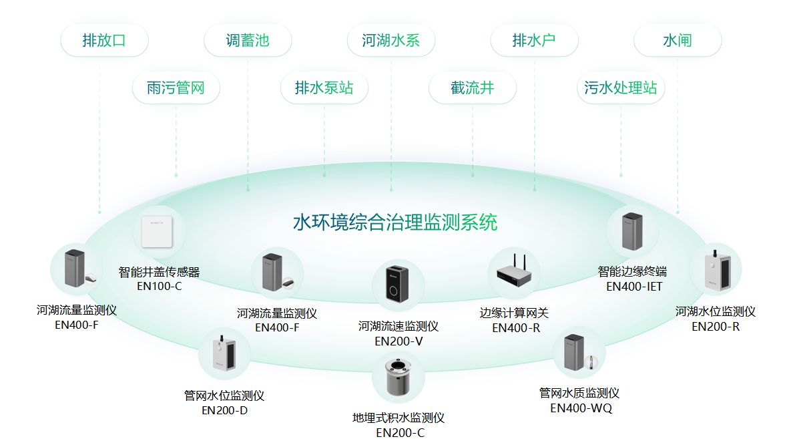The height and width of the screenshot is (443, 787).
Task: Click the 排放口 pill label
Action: coord(104,40)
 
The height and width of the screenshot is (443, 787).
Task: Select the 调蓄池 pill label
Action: coord(248,40)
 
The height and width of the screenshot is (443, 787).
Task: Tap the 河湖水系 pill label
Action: coord(391,40)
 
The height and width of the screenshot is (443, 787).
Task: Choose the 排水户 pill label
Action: coord(534,40)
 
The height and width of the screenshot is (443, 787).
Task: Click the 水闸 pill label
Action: coord(678,40)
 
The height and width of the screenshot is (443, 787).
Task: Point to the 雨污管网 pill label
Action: coord(176,88)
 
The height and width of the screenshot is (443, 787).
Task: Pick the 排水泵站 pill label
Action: coord(324,88)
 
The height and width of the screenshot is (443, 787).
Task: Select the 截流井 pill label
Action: coord(473,88)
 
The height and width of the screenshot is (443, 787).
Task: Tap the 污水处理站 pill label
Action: coord(621,88)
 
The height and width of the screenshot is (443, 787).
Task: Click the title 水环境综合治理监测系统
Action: coord(395,223)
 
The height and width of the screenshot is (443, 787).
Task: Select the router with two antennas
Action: coord(513,273)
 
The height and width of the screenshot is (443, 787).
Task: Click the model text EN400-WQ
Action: coord(581,408)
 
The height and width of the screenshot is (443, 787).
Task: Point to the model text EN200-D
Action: coord(224,410)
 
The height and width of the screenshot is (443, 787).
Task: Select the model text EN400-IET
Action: coord(633,287)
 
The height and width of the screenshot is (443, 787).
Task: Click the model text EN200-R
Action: coord(716,327)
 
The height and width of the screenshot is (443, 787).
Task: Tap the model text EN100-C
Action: coord(160,287)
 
